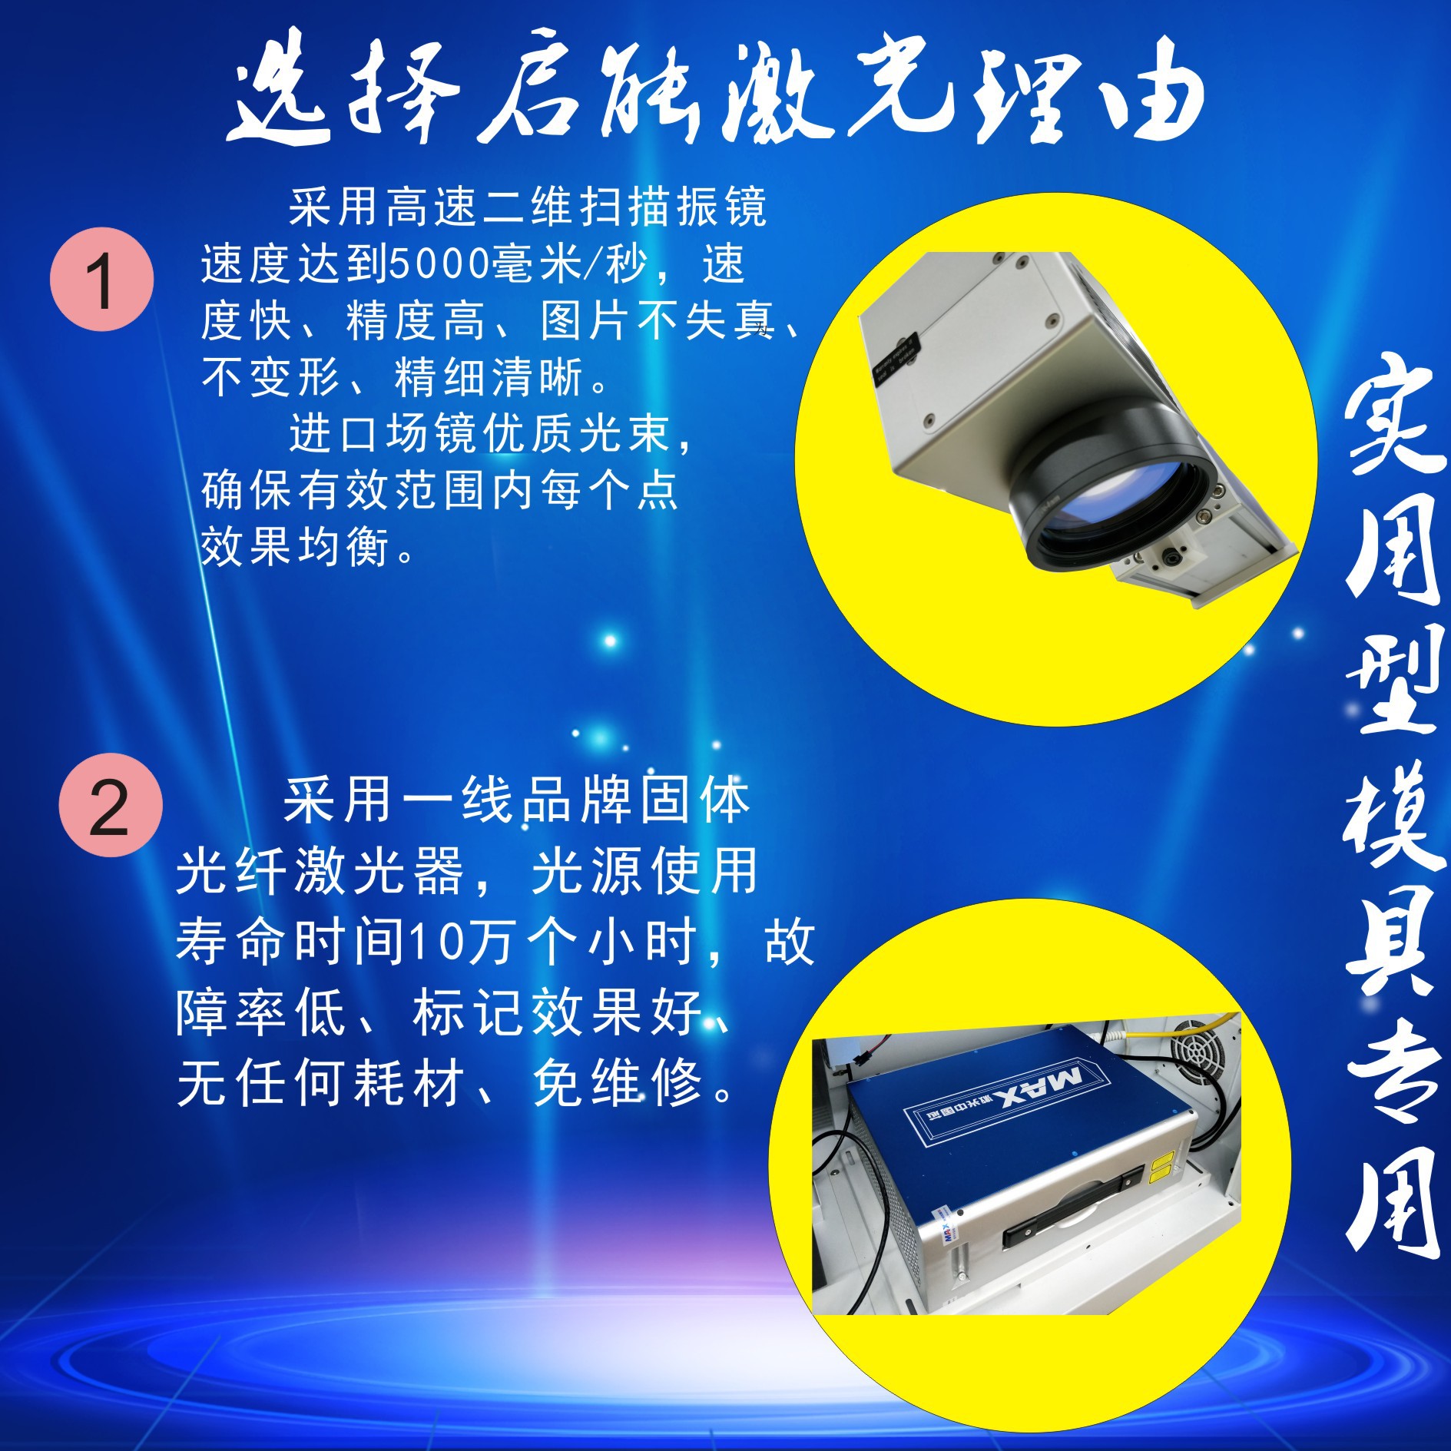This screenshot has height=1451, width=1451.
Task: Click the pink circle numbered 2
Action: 111,806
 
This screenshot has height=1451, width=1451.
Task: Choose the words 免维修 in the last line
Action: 618,1084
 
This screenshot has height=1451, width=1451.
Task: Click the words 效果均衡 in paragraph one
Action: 295,547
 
